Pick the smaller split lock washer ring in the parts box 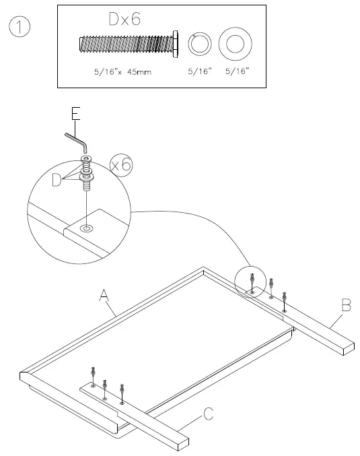(x=199, y=44)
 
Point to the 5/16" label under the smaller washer (x=200, y=70)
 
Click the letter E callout (x=76, y=114)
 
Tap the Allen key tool (x=75, y=142)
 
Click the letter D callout (x=57, y=180)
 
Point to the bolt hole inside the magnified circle (x=86, y=230)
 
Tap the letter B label (x=346, y=306)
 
